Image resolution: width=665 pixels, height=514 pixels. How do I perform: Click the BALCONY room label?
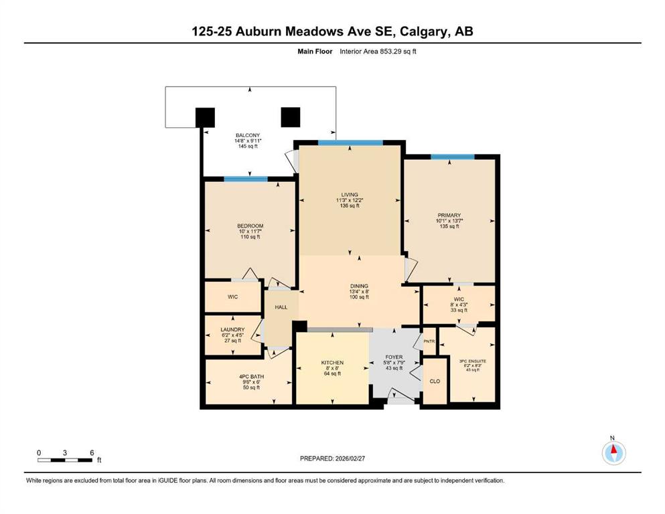[248, 136]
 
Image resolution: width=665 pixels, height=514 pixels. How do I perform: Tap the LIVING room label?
[350, 195]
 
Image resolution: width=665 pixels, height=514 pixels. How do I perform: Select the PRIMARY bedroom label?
[449, 216]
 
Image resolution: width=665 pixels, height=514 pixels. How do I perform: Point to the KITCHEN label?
[332, 363]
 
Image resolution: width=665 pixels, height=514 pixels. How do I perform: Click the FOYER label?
[394, 357]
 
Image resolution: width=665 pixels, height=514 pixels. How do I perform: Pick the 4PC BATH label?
[252, 377]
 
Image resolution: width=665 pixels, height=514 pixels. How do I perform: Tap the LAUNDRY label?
[233, 330]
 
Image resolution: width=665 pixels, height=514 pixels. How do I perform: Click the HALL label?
[281, 307]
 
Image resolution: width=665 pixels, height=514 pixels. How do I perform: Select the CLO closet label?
[435, 381]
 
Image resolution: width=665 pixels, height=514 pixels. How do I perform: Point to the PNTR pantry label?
[429, 341]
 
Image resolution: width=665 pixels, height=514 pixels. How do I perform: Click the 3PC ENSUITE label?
[473, 361]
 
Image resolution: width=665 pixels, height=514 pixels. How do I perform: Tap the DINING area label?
[359, 286]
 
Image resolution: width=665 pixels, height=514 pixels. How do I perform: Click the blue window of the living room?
[350, 143]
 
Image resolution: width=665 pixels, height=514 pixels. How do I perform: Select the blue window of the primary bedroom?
[453, 157]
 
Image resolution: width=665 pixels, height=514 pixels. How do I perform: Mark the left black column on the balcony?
[205, 117]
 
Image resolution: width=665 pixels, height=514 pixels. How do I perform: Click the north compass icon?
[613, 452]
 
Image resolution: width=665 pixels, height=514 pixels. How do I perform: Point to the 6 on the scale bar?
[92, 452]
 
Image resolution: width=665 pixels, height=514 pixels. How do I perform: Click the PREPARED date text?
[332, 458]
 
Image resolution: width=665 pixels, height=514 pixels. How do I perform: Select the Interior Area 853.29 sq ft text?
[378, 52]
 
